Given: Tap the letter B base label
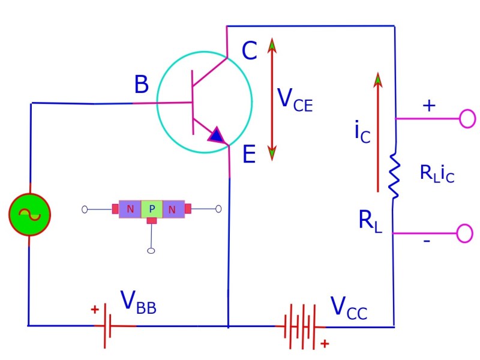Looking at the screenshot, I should click(141, 85).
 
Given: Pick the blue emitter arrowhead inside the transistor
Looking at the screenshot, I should click(216, 136).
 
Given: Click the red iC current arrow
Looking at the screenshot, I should click(377, 132).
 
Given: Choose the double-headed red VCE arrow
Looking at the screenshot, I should click(272, 99).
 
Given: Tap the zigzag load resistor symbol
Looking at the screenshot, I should click(394, 175).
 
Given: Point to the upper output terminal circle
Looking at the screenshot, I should click(467, 119).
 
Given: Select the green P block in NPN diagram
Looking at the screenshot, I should click(152, 209).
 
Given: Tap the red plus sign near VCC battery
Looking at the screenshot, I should click(325, 344).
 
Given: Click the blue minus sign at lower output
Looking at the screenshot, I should click(427, 241).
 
